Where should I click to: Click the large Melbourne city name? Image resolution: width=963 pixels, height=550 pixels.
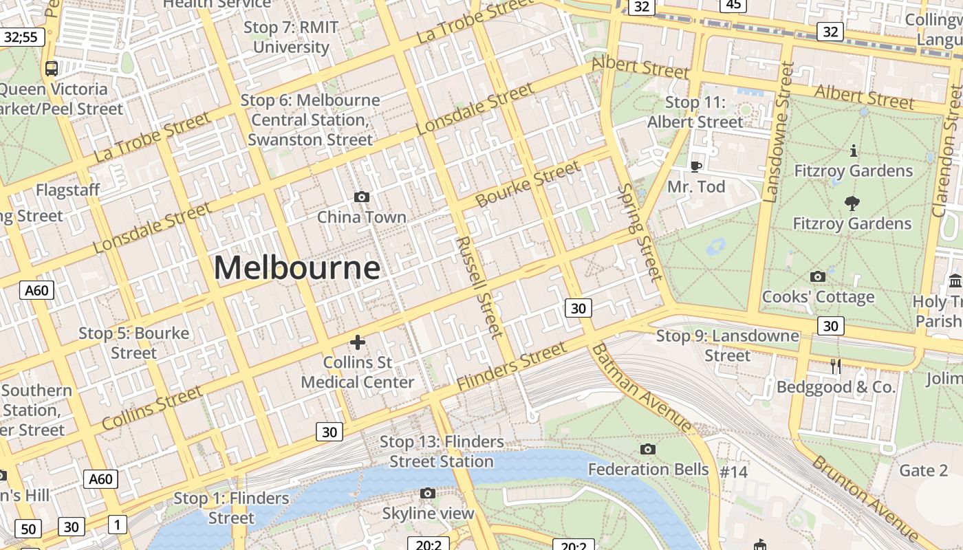[296, 267]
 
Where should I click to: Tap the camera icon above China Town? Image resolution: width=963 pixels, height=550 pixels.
[361, 197]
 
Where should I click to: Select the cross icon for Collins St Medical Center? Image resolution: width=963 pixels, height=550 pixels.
[358, 342]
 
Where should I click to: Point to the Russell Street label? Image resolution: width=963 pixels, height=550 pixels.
[479, 287]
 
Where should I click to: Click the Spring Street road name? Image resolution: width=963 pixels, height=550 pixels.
[640, 232]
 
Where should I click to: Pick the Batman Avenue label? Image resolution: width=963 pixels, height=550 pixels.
[641, 388]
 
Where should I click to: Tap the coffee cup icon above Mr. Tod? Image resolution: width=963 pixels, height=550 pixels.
[696, 166]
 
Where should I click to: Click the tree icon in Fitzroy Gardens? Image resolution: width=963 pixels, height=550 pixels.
[852, 203]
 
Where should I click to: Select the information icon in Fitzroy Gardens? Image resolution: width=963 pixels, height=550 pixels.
[854, 150]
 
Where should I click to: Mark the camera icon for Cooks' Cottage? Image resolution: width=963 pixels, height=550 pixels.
[817, 276]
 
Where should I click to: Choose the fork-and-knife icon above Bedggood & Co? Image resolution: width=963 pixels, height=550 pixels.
[836, 366]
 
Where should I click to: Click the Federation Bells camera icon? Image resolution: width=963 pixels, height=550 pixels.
[647, 449]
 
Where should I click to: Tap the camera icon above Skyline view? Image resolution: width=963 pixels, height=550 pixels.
[428, 493]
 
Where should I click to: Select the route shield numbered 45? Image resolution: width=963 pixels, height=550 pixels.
[733, 5]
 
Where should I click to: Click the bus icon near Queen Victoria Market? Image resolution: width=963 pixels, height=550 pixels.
[52, 68]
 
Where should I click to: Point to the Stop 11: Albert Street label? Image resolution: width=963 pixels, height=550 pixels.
[695, 112]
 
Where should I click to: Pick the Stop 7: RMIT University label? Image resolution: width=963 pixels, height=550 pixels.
[291, 37]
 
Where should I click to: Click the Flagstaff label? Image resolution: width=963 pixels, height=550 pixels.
[68, 190]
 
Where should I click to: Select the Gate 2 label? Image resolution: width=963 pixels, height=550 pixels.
[924, 470]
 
